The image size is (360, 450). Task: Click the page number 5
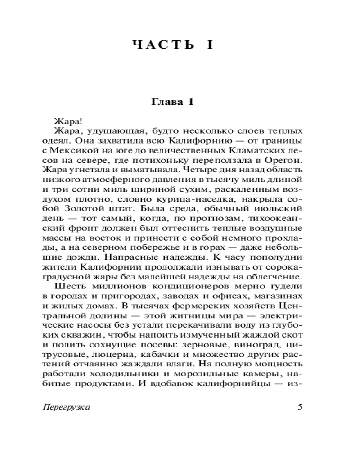301,407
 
